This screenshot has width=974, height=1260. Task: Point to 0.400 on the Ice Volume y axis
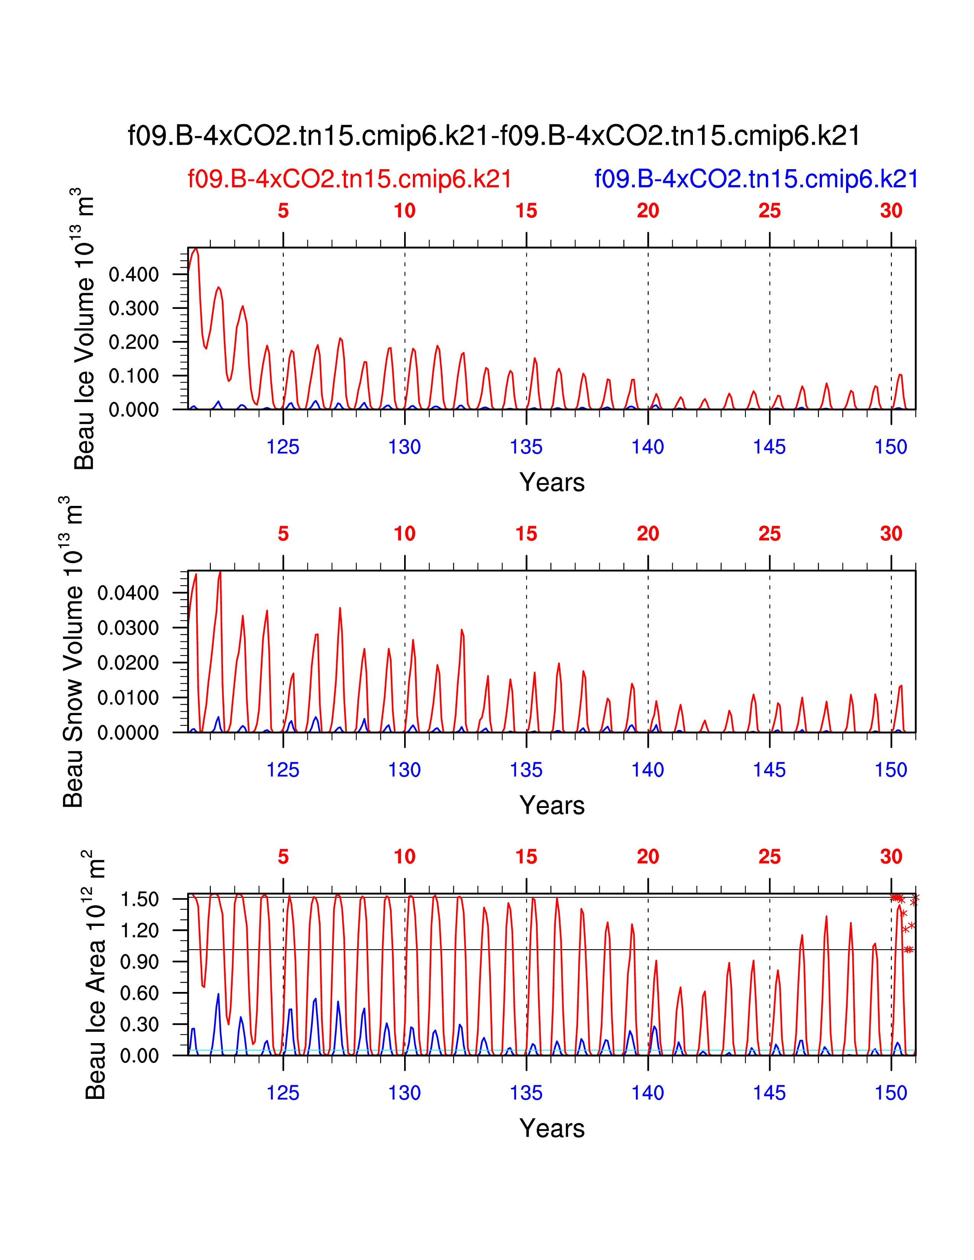point(133,274)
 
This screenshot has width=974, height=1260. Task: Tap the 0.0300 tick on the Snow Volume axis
point(128,628)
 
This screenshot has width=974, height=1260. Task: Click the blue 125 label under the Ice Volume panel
point(283,447)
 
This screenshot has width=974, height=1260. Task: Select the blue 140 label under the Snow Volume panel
point(647,770)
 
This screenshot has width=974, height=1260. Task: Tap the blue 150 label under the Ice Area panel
point(891,1093)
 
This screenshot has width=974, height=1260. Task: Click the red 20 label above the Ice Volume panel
point(648,211)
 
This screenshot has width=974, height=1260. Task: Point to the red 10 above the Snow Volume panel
point(404,534)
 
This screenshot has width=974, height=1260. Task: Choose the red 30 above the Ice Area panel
point(891,857)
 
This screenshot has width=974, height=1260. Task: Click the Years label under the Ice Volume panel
point(552,482)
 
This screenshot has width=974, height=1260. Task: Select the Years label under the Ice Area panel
point(552,1128)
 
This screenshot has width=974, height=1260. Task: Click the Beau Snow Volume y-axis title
point(73,652)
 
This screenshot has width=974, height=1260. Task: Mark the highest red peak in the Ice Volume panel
point(196,249)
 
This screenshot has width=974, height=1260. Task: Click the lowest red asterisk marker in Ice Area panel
point(909,950)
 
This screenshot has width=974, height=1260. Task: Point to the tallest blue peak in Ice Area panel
point(218,994)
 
